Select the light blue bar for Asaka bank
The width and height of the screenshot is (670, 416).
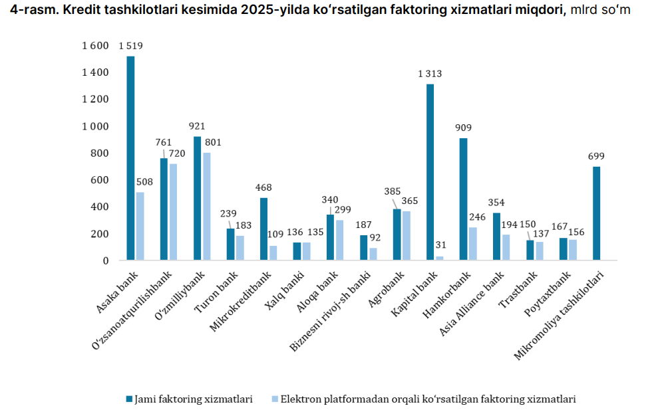click(x=140, y=226)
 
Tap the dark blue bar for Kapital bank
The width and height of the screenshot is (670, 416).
click(x=430, y=172)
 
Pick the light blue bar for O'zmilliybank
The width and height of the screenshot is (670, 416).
click(x=206, y=206)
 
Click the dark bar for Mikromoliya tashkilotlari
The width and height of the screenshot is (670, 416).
click(x=596, y=213)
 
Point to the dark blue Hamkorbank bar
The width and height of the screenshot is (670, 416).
click(x=463, y=199)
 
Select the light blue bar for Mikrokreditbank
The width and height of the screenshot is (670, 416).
click(x=273, y=253)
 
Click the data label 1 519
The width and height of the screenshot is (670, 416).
click(x=131, y=47)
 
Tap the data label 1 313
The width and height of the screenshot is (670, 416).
click(x=430, y=74)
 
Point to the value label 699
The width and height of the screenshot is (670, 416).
click(x=596, y=156)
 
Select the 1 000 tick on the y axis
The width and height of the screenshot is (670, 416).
click(x=95, y=126)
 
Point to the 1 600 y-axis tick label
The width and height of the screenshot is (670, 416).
click(x=95, y=46)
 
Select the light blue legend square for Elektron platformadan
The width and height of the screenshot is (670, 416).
click(x=274, y=399)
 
